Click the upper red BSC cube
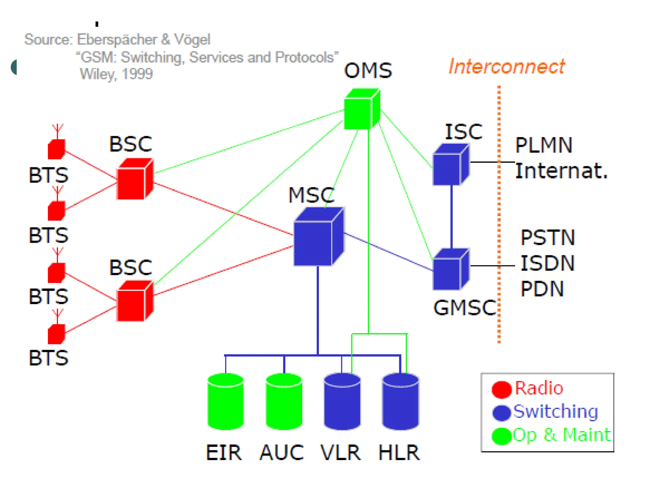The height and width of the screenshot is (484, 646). click(135, 180)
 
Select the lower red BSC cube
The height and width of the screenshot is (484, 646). click(135, 302)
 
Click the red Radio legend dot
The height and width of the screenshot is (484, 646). click(502, 389)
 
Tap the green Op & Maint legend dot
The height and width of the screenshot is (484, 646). click(502, 436)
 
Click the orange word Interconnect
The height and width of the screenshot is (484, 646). click(507, 67)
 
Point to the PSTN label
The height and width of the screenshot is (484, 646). click(548, 238)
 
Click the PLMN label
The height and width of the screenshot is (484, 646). click(543, 145)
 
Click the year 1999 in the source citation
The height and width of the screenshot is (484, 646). click(137, 74)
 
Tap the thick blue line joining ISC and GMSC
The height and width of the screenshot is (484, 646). click(451, 217)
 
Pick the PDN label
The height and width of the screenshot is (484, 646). click(542, 289)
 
